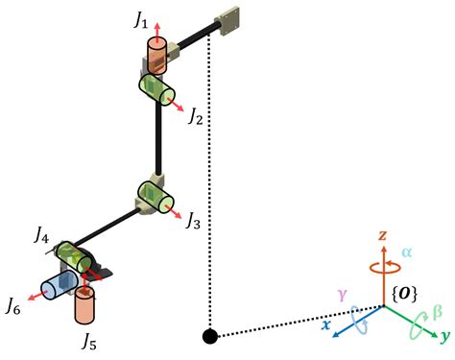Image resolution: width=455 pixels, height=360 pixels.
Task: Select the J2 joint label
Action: (196, 117)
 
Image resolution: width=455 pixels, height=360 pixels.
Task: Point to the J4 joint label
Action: (42, 233)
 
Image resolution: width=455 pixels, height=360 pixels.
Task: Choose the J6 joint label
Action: (14, 307)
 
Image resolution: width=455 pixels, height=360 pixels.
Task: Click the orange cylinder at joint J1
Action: (155, 56)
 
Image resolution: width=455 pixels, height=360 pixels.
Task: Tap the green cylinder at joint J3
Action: (156, 197)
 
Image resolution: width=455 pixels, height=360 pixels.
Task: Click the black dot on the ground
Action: (208, 335)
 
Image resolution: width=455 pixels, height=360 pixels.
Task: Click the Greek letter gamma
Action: (341, 291)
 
